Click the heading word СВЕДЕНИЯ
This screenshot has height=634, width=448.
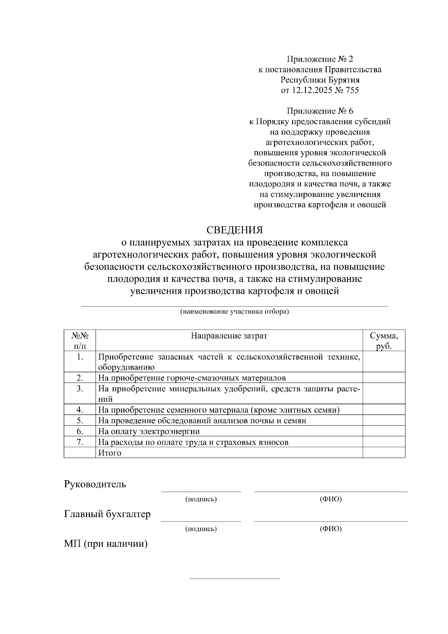(x=234, y=229)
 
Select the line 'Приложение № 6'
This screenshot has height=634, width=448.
(x=320, y=111)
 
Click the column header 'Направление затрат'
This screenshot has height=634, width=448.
(x=229, y=336)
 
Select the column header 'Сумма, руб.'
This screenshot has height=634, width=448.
(x=383, y=341)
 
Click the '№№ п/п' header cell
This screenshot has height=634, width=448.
(x=80, y=341)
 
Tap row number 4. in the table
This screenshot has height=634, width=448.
(x=80, y=410)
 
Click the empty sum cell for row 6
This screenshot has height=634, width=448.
(x=383, y=431)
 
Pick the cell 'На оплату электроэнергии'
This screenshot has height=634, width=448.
(x=149, y=431)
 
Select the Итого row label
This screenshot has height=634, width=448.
(x=109, y=453)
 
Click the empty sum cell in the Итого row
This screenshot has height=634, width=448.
(x=383, y=453)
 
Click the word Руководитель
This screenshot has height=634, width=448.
(x=95, y=484)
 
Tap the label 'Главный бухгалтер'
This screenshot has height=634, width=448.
(x=107, y=514)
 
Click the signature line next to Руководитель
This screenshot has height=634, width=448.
(x=201, y=491)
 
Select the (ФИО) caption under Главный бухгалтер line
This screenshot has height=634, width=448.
(x=331, y=529)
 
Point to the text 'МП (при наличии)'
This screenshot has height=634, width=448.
(x=106, y=544)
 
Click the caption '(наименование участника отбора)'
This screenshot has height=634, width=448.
(x=234, y=311)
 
